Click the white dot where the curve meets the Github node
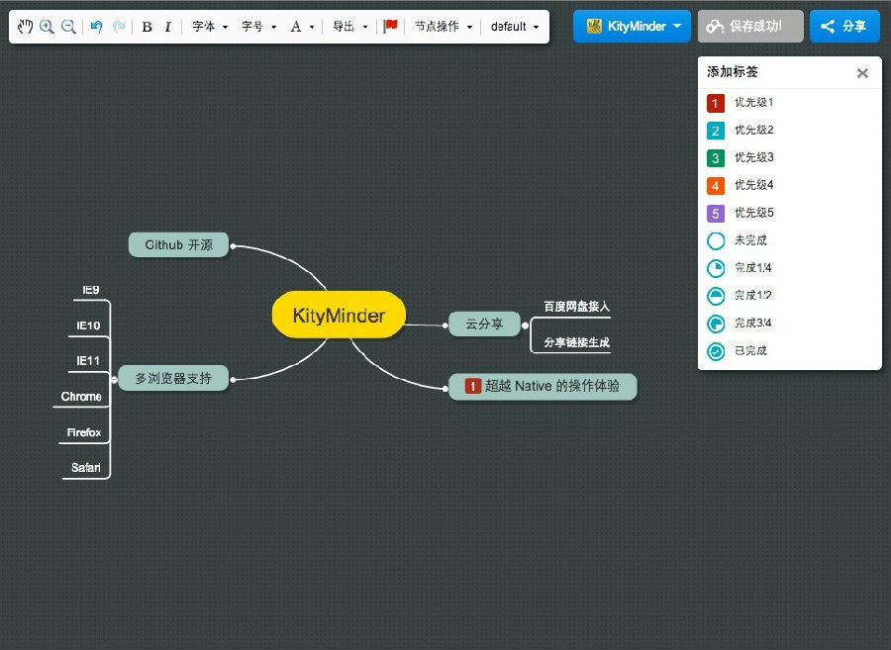coord(233,246)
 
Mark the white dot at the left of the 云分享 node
coord(445,325)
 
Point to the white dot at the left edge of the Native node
coord(445,388)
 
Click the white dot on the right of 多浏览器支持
coord(233,379)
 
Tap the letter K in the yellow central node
coord(299,315)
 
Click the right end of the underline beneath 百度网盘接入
coord(610,318)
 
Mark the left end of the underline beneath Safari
coord(62,479)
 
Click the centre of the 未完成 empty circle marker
coord(716,240)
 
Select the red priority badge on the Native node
coord(473,386)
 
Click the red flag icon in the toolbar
coord(390,26)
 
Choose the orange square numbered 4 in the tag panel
coord(716,186)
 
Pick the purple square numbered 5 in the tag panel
coord(716,214)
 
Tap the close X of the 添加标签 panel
coord(862,72)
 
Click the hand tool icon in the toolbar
coord(25,26)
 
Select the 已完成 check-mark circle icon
coord(716,351)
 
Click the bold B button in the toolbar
coord(147,27)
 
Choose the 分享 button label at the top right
coord(854,26)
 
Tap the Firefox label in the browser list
coord(84,432)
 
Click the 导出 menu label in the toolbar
coord(344,26)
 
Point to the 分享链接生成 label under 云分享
coord(577,342)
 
